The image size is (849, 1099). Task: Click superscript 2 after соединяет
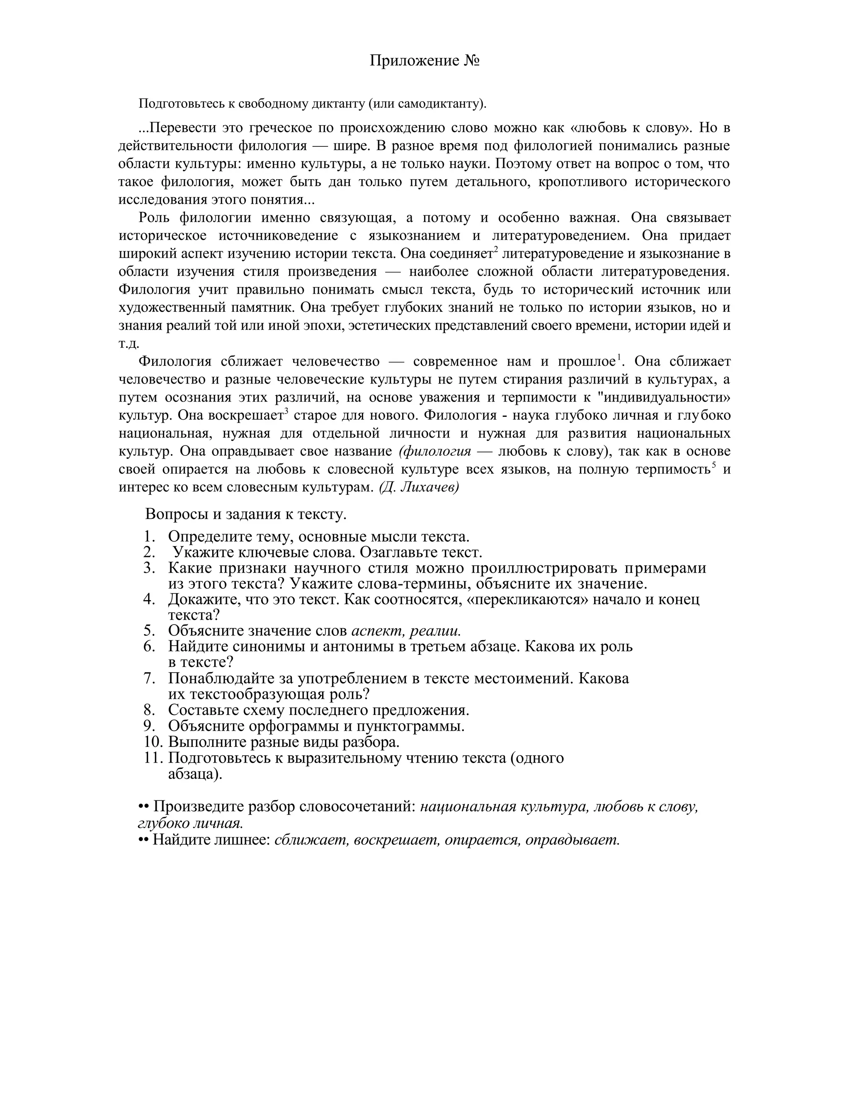point(496,250)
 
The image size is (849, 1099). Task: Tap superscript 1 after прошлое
point(619,357)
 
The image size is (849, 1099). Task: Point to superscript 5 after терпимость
point(714,465)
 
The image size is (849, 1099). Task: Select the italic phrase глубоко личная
point(191,823)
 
